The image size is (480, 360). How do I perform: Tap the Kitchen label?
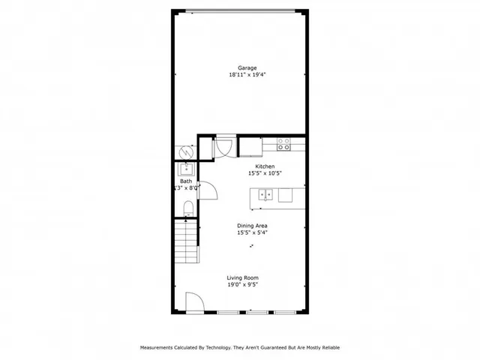click(265, 166)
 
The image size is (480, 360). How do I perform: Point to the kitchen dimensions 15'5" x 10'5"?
click(265, 173)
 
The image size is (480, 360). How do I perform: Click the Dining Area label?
click(252, 226)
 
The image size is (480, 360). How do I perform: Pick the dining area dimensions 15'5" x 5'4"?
click(252, 232)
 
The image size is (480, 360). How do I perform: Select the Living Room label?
click(242, 278)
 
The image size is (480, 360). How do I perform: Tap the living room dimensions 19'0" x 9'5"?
click(242, 285)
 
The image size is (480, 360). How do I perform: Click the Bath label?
click(185, 181)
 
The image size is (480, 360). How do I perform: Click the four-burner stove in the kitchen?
click(283, 144)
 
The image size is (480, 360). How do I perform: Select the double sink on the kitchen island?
click(265, 195)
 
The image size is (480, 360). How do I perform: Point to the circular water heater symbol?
click(184, 151)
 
